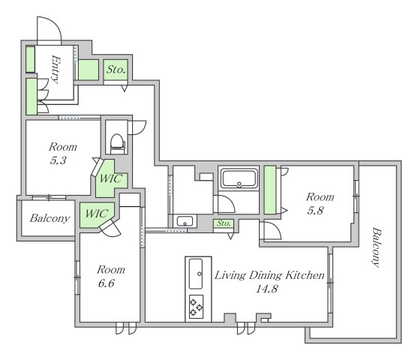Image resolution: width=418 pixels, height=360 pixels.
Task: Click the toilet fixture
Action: pos(118,144)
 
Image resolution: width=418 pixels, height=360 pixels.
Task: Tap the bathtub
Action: pos(239,178)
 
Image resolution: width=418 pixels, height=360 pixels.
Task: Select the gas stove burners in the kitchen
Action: pos(196,307)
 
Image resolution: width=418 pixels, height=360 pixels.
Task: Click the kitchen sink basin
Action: pos(196,274)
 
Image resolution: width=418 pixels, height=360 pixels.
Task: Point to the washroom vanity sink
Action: pos(185,221)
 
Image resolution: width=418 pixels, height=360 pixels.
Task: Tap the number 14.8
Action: pos(267,289)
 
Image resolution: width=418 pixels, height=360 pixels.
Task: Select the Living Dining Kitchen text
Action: pos(269,275)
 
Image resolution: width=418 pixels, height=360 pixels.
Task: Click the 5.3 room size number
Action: pos(58,160)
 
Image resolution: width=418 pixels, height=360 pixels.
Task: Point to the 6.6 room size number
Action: pos(106,283)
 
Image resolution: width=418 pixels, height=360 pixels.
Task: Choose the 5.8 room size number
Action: pos(315,211)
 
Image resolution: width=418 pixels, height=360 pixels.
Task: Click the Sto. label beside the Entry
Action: pos(116,70)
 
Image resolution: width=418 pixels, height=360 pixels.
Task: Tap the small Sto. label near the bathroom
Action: pos(224,223)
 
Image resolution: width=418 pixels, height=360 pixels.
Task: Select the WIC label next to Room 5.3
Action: pos(111,178)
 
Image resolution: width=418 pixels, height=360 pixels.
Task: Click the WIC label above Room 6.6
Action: pos(97,213)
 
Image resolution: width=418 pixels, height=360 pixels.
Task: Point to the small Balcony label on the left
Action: pos(50,218)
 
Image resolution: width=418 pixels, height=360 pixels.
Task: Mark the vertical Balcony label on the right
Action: pos(376,247)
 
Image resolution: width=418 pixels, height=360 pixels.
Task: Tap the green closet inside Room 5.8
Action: pos(269,190)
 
